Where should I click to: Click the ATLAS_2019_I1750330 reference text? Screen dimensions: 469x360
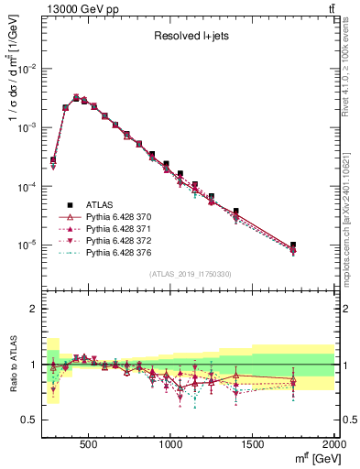click(189, 274)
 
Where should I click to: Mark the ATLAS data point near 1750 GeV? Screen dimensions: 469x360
click(293, 245)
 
